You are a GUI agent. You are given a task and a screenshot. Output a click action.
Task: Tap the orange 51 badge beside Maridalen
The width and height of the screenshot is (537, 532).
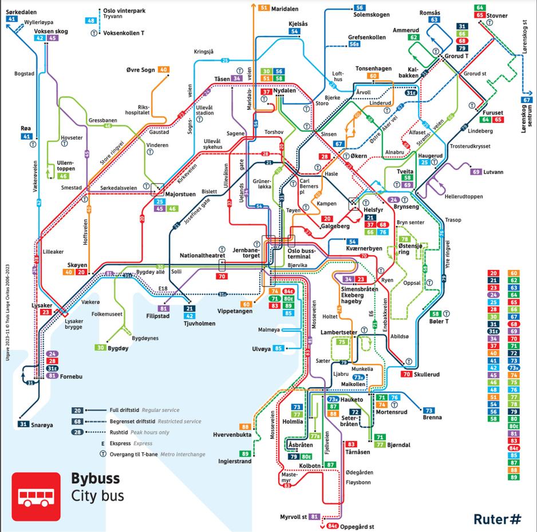point(264,8)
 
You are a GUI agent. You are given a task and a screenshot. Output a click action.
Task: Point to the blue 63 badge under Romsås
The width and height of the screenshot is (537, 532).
point(434,20)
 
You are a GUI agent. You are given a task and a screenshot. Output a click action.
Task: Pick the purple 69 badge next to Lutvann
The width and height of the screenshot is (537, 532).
point(475,172)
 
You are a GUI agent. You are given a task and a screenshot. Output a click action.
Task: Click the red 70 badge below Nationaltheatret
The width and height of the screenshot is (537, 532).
point(222,277)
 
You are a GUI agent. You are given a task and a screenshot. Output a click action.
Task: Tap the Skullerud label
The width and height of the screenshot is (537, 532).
point(427,374)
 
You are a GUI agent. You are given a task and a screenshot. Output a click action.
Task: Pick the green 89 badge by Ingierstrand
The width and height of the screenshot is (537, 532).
point(246,454)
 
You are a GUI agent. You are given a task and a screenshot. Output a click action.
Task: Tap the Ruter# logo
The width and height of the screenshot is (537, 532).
point(497,519)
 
